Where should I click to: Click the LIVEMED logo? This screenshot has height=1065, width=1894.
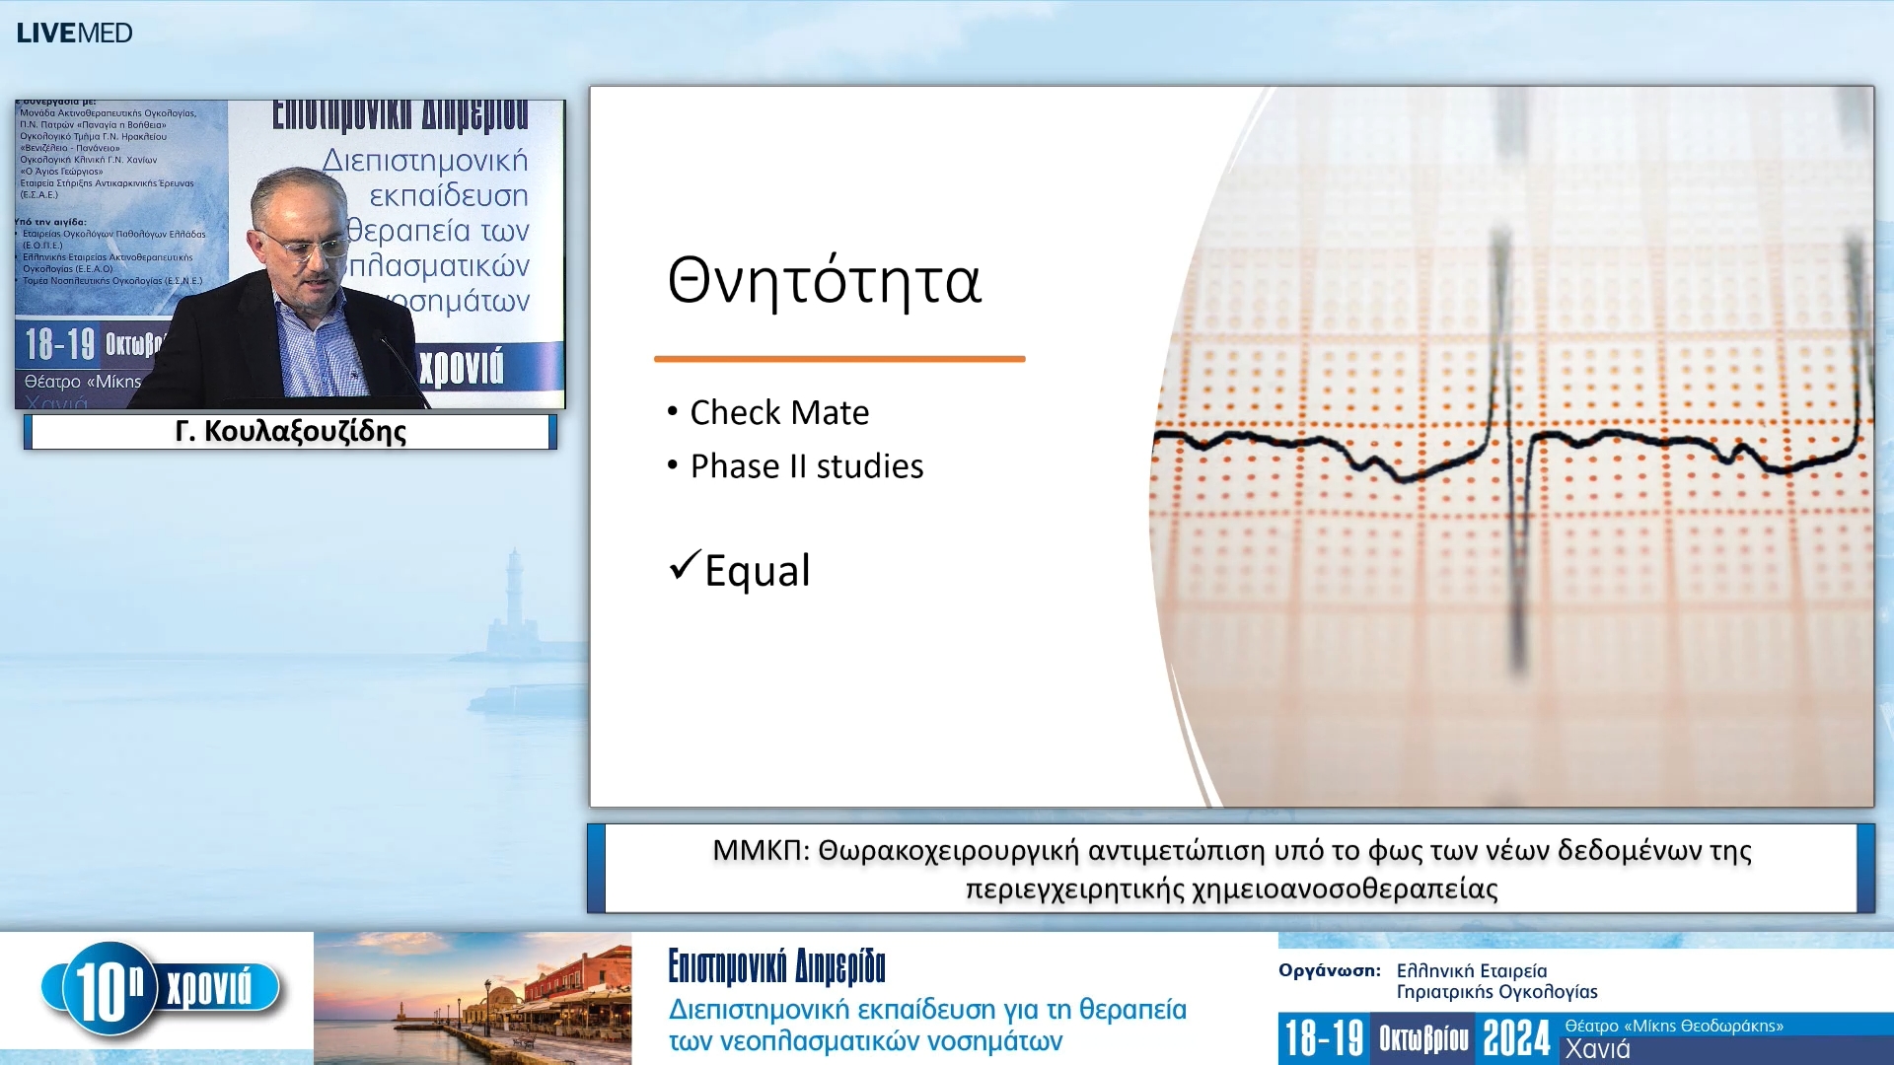pos(74,33)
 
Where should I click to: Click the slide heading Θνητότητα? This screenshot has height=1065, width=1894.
pos(824,281)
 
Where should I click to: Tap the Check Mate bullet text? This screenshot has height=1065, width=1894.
pos(779,412)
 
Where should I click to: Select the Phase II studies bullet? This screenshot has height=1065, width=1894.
pos(806,465)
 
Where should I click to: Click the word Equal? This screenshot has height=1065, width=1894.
pos(758,571)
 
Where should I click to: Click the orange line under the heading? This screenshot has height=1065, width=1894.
pos(838,359)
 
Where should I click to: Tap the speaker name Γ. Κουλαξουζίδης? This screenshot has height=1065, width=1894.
pos(290,432)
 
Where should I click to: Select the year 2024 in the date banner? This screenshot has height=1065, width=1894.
pos(1516,1038)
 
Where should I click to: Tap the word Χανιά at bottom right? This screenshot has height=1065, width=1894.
pos(1597,1049)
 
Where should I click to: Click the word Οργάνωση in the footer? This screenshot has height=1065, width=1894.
pos(1329,970)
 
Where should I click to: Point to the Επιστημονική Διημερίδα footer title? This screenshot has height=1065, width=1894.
pos(776,967)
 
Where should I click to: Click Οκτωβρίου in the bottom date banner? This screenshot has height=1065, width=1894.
pos(1423,1038)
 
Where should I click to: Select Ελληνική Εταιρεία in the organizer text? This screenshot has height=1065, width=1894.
pos(1471,971)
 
